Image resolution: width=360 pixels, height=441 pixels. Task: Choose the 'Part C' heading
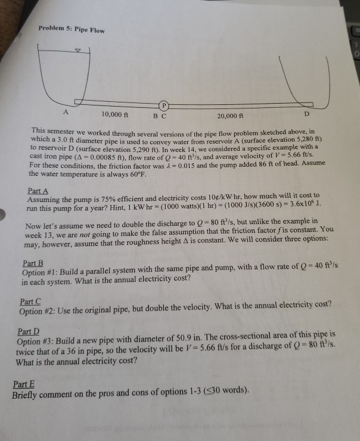(x=30, y=302)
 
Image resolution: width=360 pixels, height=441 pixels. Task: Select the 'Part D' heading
(x=28, y=331)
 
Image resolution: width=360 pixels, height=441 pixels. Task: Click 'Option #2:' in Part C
(x=39, y=310)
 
